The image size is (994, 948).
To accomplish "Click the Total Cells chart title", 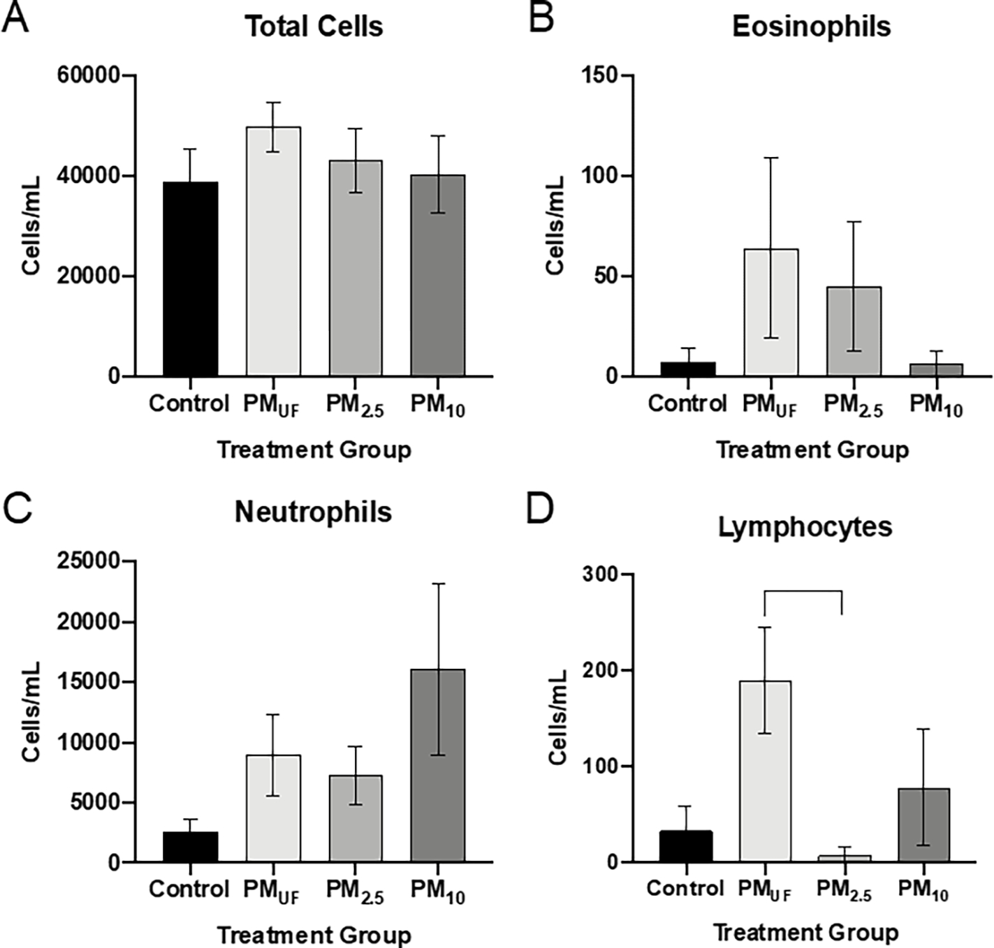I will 314,27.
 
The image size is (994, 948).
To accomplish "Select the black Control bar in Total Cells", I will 191,279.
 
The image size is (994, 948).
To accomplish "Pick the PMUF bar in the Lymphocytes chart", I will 766,771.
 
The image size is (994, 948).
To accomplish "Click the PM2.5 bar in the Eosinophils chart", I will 854,332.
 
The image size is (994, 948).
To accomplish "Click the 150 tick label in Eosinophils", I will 602,75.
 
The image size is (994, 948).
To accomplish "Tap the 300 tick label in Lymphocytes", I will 602,575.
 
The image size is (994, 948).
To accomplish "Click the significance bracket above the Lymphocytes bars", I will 803,592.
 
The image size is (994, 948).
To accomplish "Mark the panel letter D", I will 540,510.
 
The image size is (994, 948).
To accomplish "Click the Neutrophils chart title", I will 313,512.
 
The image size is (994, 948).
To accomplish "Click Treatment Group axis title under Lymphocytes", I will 805,933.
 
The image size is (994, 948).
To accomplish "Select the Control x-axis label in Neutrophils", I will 189,889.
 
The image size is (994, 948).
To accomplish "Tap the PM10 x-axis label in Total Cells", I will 438,405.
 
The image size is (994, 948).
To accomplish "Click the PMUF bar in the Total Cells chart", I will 273,251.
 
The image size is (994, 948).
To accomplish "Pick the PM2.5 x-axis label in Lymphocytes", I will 844,891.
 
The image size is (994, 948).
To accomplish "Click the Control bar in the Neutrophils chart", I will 191,847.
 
